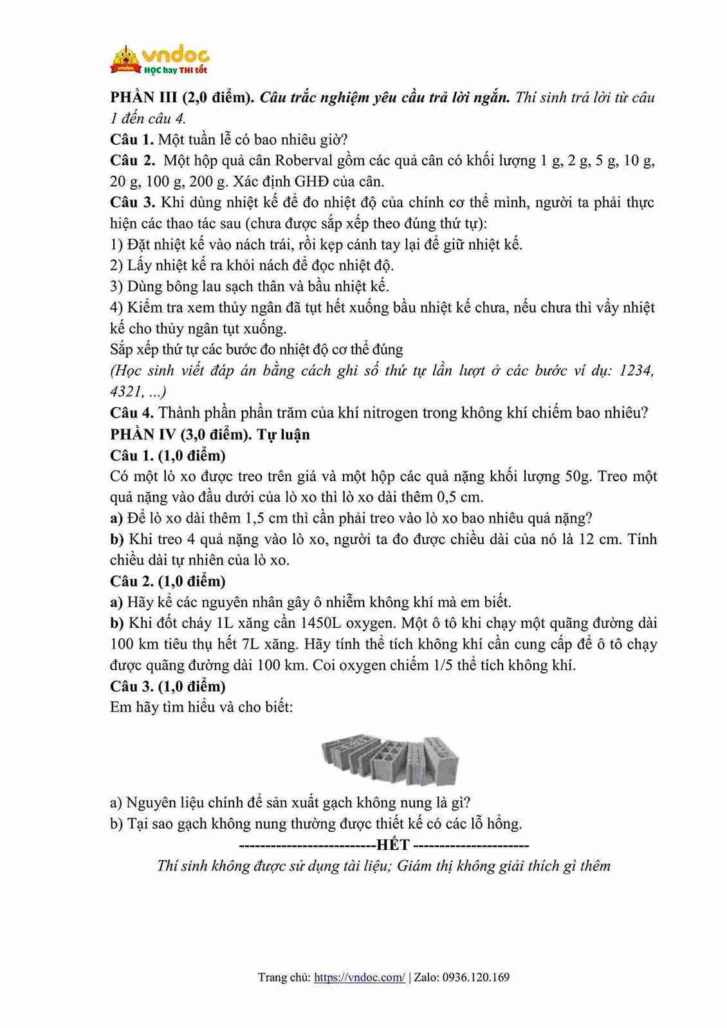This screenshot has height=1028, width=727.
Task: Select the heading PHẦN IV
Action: pyautogui.click(x=143, y=434)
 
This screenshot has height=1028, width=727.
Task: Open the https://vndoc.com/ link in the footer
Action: pyautogui.click(x=360, y=977)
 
